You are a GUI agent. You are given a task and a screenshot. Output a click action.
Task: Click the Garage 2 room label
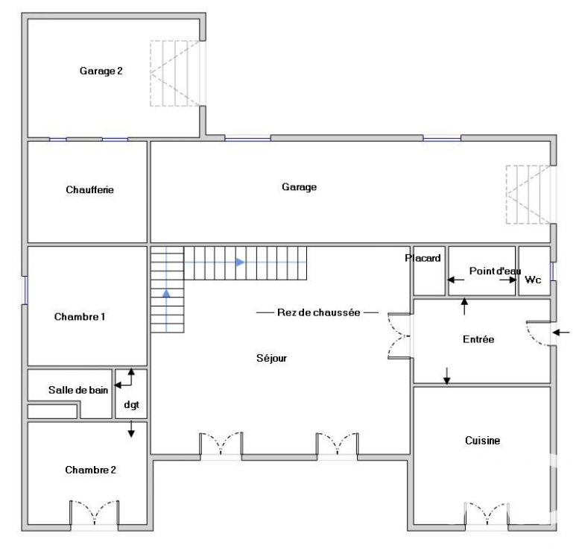tap(101, 71)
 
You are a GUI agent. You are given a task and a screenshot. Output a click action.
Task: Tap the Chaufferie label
tap(90, 189)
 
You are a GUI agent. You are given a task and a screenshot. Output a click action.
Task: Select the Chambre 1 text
tap(80, 317)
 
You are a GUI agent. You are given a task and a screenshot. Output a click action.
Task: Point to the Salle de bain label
tap(78, 390)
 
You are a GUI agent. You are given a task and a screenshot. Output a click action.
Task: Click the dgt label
tap(131, 405)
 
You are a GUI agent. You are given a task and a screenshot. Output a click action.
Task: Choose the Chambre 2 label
tap(91, 470)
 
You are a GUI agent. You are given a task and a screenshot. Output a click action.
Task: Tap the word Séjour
tap(271, 359)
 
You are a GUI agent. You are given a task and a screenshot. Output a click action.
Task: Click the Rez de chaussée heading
tap(318, 312)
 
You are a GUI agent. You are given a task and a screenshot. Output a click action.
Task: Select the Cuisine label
tap(483, 441)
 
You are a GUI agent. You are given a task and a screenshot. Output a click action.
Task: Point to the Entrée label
tap(478, 339)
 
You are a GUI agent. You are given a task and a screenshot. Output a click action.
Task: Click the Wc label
tap(533, 280)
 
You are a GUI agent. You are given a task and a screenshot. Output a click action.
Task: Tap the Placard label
tap(423, 258)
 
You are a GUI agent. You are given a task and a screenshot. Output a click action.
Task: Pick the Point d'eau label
tap(495, 271)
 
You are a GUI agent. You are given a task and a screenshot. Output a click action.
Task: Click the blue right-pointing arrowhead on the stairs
tap(241, 262)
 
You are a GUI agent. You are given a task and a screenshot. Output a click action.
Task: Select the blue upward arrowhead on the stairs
tap(166, 293)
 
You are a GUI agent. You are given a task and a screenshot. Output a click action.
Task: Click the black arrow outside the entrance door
tap(561, 333)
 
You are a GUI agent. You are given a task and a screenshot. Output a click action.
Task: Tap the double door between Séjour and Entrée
tap(399, 336)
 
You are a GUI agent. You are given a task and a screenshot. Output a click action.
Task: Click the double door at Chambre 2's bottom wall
tap(95, 513)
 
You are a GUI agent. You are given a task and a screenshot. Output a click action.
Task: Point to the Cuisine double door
tap(486, 514)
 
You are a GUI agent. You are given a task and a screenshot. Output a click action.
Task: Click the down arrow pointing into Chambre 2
tap(131, 429)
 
